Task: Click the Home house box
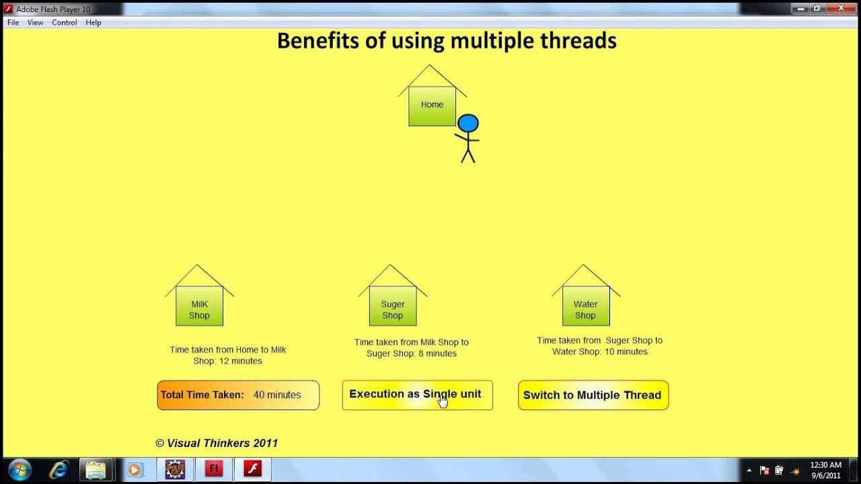[432, 106]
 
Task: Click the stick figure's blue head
[468, 124]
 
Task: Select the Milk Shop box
[199, 306]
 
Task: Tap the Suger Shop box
[393, 306]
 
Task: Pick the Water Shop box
[586, 306]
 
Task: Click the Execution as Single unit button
[417, 395]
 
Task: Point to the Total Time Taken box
[238, 395]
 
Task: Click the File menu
[13, 23]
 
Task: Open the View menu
[35, 23]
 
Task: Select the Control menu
[65, 23]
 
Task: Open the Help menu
[93, 23]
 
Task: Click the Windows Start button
[20, 469]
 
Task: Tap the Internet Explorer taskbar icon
[59, 469]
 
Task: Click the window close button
[841, 9]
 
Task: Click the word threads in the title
[578, 41]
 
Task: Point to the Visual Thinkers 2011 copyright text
[217, 443]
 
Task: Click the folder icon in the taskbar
[96, 469]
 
